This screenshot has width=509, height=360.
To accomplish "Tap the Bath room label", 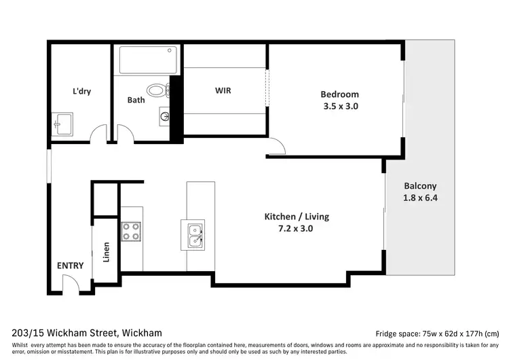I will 136,100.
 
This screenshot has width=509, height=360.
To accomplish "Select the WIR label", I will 223,90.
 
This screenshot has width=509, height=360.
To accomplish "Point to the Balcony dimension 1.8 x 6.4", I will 420,198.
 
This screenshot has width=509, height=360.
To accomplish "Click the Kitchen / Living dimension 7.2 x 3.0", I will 297,228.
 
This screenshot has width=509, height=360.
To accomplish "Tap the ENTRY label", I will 70,266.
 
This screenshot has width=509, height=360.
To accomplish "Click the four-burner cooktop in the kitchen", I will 131,232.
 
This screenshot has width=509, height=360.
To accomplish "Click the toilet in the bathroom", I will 157,90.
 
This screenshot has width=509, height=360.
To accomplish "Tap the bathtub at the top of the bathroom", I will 149,61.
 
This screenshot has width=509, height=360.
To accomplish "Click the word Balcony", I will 420,185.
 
